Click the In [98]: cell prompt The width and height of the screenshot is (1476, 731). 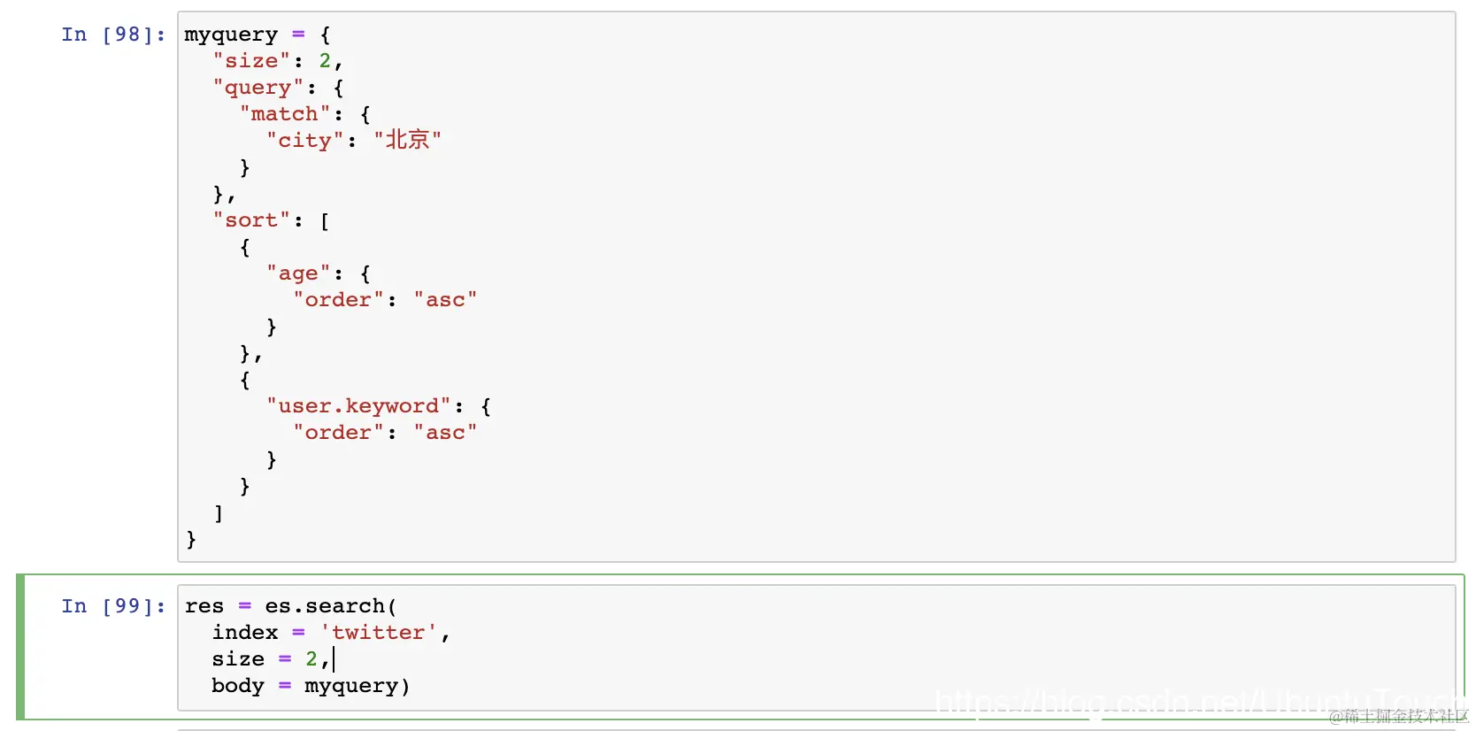tap(112, 35)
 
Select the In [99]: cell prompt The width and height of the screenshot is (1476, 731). tap(112, 606)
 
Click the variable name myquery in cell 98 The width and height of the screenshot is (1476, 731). tap(231, 35)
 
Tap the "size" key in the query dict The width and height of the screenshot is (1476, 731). tap(251, 61)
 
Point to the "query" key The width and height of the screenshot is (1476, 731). tap(258, 88)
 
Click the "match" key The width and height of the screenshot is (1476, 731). tap(284, 114)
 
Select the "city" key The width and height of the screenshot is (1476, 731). tap(304, 141)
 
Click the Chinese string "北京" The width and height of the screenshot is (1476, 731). tap(407, 140)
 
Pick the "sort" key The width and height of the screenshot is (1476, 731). tap(251, 220)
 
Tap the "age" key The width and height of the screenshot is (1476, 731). tap(298, 273)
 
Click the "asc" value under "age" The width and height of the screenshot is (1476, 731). tap(445, 300)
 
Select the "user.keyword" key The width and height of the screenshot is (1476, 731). tap(358, 406)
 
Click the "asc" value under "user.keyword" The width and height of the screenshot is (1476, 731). tap(445, 433)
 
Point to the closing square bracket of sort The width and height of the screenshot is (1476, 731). tap(219, 513)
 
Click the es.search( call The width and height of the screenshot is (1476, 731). tap(330, 606)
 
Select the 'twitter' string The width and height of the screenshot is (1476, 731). tap(378, 633)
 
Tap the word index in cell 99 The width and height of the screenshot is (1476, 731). tap(245, 633)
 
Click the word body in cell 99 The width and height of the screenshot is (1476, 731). tap(238, 686)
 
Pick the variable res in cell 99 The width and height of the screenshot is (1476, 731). tap(204, 606)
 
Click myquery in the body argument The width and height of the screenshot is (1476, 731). tap(351, 686)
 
